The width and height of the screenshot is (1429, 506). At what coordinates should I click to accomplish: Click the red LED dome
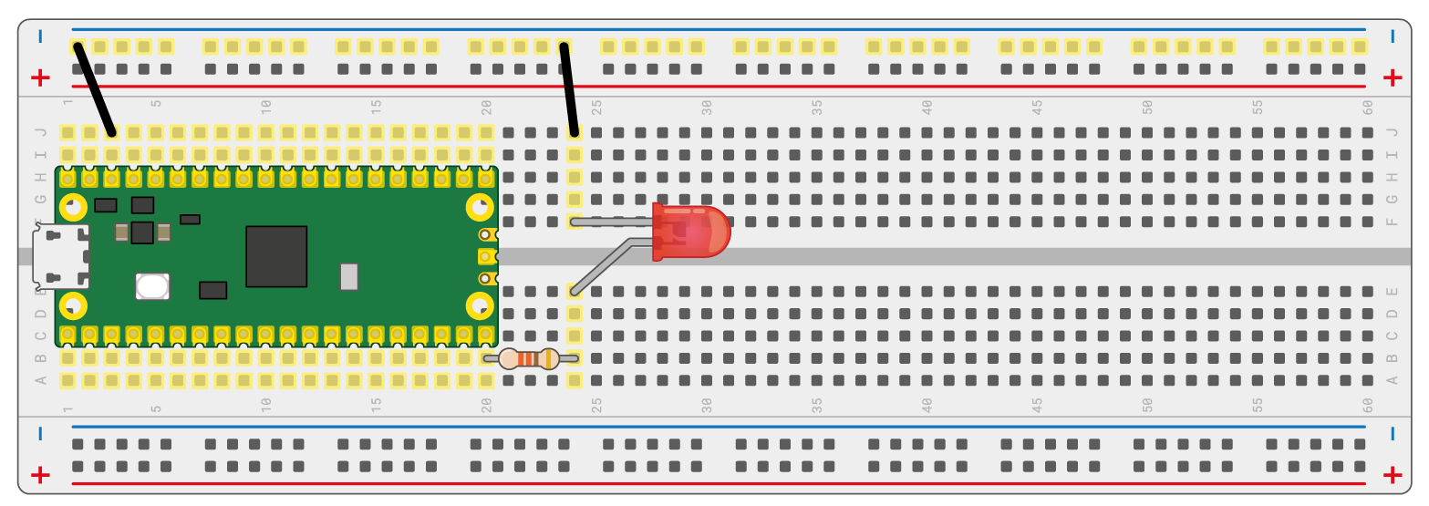(698, 232)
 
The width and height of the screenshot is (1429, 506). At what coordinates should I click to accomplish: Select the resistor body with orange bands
(529, 359)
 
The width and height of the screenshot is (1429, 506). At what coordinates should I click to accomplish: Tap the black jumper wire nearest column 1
(95, 88)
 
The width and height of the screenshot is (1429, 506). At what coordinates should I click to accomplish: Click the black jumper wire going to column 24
(569, 88)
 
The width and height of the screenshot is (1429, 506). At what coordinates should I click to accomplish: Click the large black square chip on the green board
(276, 256)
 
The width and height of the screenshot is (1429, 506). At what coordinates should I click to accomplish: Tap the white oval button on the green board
(152, 286)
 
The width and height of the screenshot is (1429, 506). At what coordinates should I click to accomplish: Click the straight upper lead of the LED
(611, 222)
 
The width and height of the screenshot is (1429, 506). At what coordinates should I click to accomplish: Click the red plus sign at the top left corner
(40, 77)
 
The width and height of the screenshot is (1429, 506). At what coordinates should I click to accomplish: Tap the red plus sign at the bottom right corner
(1392, 474)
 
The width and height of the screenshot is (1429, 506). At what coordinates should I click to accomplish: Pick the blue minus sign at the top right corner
(1392, 36)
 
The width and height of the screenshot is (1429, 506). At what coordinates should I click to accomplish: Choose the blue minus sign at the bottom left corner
(40, 434)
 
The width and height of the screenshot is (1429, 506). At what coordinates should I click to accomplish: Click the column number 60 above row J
(1368, 107)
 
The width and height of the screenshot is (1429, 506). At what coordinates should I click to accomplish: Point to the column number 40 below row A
(927, 403)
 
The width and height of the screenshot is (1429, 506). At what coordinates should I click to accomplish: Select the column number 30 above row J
(707, 107)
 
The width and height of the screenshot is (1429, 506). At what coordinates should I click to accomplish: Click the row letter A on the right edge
(1392, 380)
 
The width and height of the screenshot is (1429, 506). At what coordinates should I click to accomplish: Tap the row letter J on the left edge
(40, 132)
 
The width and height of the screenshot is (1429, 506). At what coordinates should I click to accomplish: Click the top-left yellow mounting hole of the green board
(73, 208)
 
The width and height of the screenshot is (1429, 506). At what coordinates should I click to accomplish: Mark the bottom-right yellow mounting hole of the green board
(480, 305)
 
